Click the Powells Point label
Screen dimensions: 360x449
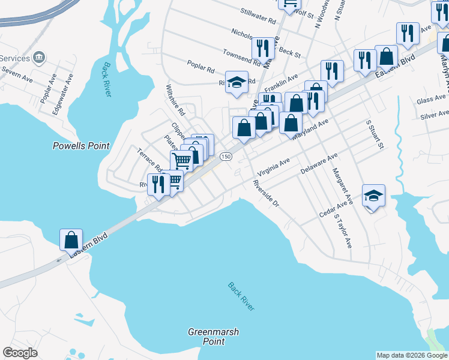[81, 146]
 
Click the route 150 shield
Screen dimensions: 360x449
[225, 157]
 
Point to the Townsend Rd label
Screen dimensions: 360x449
[242, 58]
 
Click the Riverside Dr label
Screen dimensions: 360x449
[266, 193]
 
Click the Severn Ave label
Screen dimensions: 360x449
[16, 76]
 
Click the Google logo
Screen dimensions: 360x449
[20, 353]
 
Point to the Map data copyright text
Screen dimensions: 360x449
[412, 355]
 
